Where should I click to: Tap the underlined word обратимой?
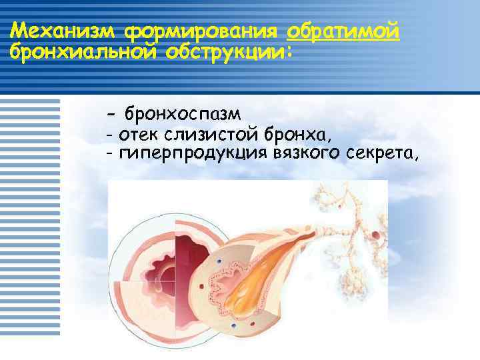pyautogui.click(x=343, y=31)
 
